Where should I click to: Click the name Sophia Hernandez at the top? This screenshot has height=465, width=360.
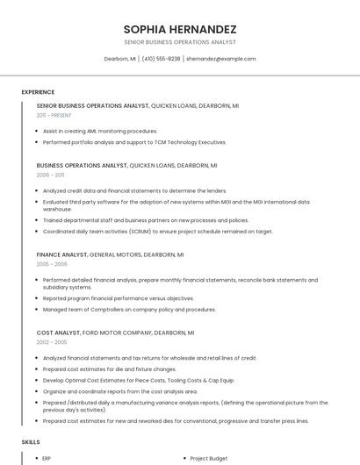click(179, 28)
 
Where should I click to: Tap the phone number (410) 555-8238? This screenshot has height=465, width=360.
click(161, 59)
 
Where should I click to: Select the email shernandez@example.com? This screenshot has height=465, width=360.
click(221, 59)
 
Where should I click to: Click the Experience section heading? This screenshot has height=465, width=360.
click(38, 92)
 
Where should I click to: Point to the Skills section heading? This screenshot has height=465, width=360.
click(31, 442)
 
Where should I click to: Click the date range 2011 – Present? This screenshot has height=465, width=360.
click(54, 115)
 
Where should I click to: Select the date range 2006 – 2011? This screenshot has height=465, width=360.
click(50, 175)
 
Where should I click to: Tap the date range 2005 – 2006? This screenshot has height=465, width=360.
click(52, 264)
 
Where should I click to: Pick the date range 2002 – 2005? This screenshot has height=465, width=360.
click(52, 343)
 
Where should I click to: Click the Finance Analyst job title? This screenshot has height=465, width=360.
click(61, 254)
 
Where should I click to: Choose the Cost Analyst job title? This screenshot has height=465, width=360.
click(57, 333)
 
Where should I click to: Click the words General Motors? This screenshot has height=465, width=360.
click(115, 254)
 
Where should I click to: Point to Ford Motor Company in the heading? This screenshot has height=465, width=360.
click(118, 333)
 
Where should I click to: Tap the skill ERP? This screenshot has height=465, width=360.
click(47, 458)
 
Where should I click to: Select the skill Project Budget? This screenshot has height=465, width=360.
click(209, 458)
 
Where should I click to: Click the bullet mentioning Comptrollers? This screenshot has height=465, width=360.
click(129, 310)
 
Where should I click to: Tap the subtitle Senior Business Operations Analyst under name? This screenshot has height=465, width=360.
click(179, 42)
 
